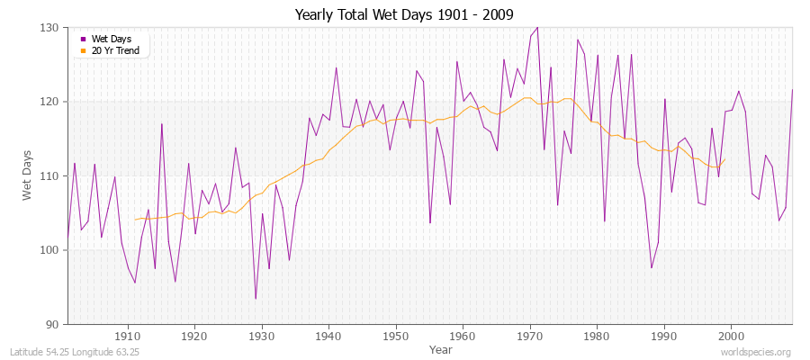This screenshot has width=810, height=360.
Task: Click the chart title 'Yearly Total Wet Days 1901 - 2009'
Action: coord(404,13)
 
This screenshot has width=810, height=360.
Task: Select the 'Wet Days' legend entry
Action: coord(106,39)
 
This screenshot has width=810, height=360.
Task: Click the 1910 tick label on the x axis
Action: coord(127,337)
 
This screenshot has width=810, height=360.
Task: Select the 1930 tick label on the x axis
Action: coord(261,337)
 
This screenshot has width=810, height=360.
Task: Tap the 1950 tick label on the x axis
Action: coord(395,337)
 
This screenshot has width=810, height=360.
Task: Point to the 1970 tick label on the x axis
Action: coord(529,337)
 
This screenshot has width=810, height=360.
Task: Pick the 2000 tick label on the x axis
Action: coord(731,337)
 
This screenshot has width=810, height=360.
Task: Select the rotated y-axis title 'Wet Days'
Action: coord(28,175)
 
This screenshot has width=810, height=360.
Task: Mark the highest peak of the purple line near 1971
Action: coord(537,28)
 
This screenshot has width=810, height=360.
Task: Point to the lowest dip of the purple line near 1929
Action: coord(256,299)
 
